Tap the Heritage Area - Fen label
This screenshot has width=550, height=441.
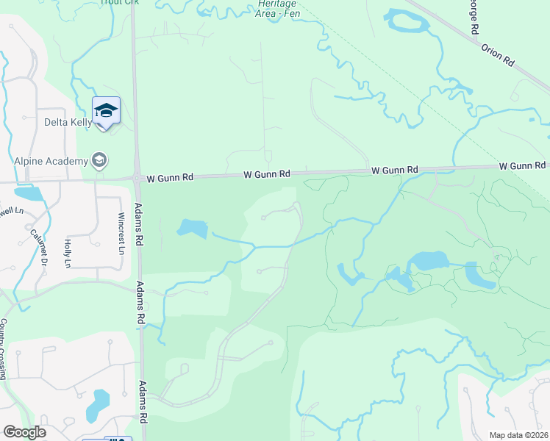278,8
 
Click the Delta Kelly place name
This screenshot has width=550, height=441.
68,122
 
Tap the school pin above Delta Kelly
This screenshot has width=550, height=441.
106,110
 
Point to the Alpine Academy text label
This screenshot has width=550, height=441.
50,160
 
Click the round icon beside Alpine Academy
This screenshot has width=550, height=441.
99,160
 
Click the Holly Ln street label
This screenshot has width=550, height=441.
68,253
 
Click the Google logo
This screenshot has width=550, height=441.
24,432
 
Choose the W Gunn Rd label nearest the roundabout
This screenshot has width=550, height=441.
170,177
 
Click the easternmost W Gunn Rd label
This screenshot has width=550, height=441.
522,167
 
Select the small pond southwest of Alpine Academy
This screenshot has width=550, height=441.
27,194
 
